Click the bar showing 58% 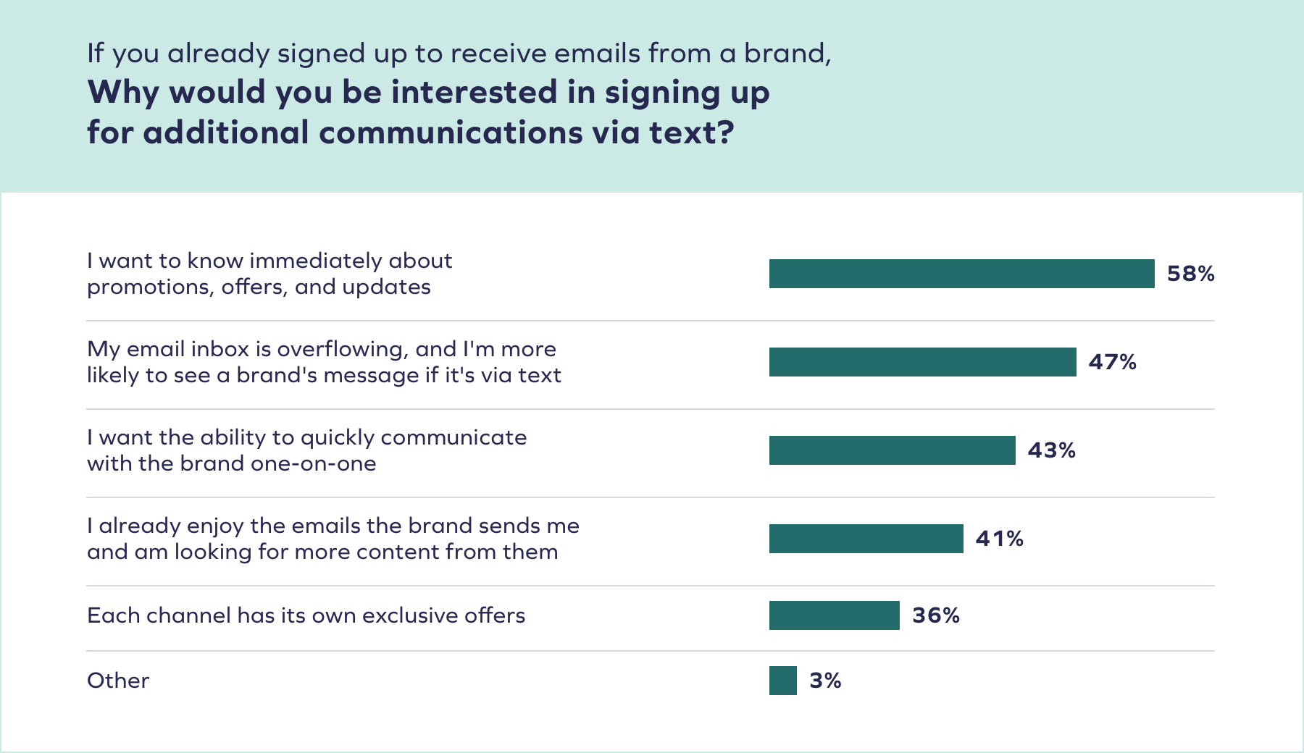[x=961, y=274]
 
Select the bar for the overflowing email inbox [x=922, y=362]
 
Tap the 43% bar [x=892, y=450]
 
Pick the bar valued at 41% [x=866, y=539]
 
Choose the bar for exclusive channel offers [x=834, y=615]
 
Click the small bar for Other [x=782, y=681]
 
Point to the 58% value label [x=1190, y=274]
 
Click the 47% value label [x=1112, y=362]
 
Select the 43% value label [x=1051, y=450]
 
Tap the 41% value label [x=999, y=539]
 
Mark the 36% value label [x=935, y=615]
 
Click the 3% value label [x=825, y=681]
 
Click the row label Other [x=118, y=681]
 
